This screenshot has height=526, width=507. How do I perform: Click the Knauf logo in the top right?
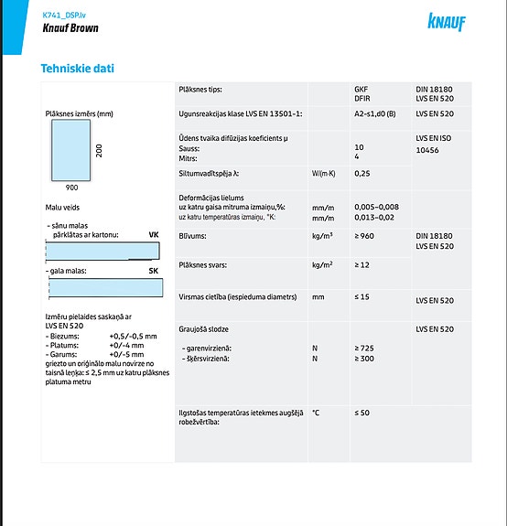pyautogui.click(x=446, y=21)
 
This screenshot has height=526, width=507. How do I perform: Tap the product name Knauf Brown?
pyautogui.click(x=70, y=28)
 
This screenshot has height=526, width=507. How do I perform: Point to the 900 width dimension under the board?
pyautogui.click(x=72, y=186)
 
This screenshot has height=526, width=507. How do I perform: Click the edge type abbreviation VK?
pyautogui.click(x=154, y=235)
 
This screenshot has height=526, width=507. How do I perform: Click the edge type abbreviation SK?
pyautogui.click(x=154, y=272)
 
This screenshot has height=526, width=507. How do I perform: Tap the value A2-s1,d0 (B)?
pyautogui.click(x=374, y=113)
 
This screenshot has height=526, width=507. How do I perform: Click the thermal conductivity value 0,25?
pyautogui.click(x=361, y=173)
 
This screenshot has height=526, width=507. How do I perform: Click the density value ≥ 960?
pyautogui.click(x=364, y=236)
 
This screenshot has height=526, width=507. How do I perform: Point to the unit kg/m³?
pyautogui.click(x=321, y=236)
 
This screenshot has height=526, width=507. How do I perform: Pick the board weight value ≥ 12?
pyautogui.click(x=361, y=265)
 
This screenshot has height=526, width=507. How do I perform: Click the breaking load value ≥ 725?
pyautogui.click(x=364, y=349)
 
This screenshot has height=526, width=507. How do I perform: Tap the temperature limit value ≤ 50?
pyautogui.click(x=361, y=413)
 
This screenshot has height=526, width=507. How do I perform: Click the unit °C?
pyautogui.click(x=316, y=413)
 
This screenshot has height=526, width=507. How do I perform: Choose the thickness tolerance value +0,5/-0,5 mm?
pyautogui.click(x=133, y=337)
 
